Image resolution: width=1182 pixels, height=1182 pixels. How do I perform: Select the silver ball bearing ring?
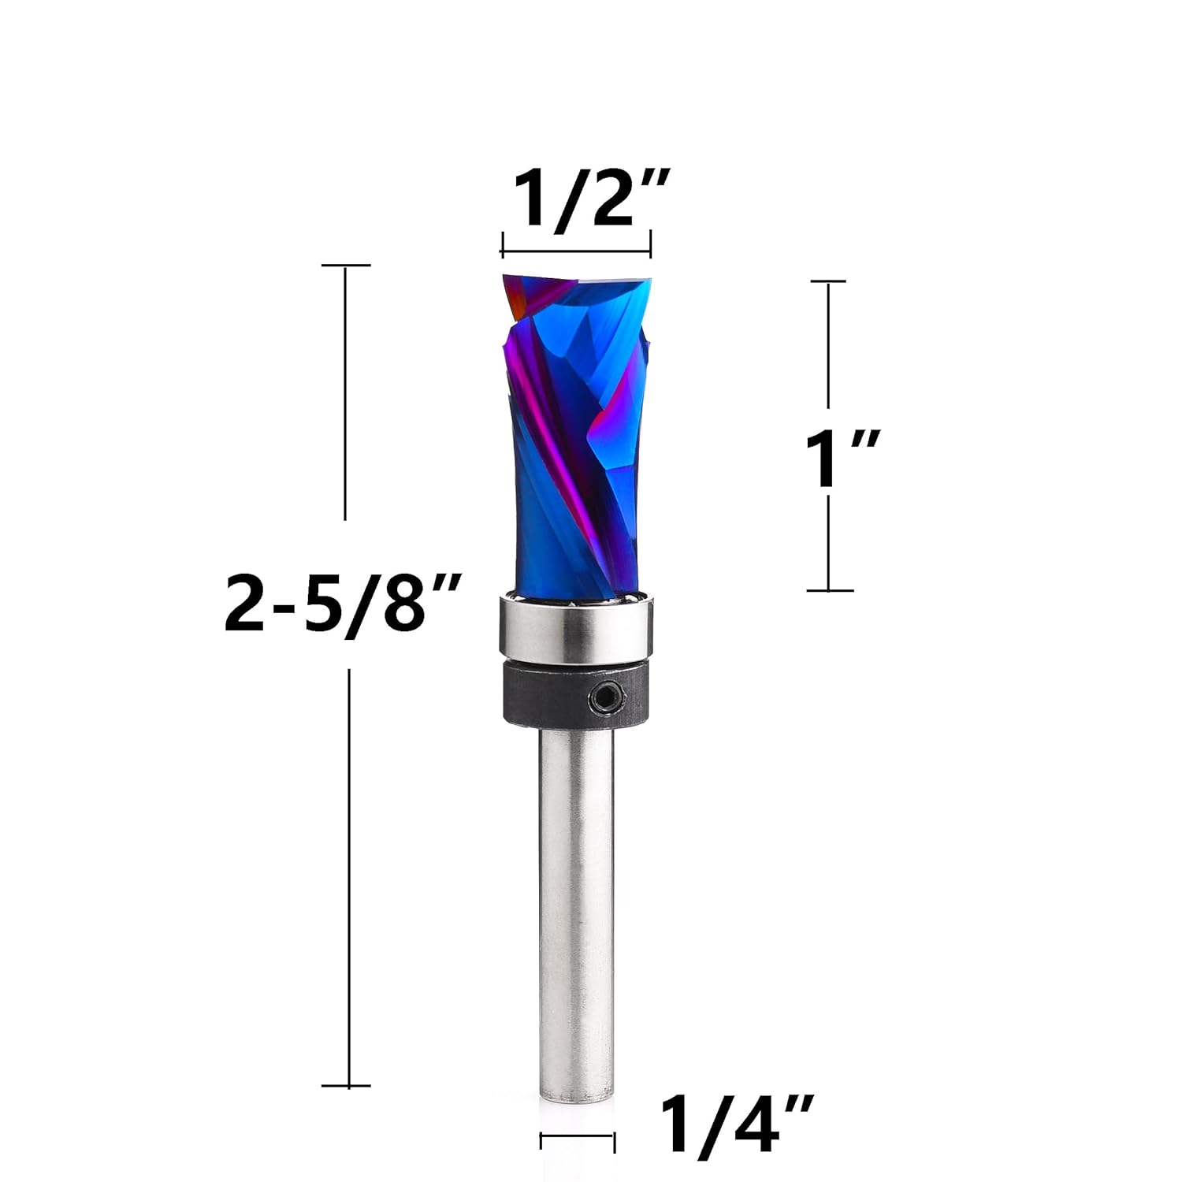tap(575, 628)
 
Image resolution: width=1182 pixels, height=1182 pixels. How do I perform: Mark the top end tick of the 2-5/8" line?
tap(346, 266)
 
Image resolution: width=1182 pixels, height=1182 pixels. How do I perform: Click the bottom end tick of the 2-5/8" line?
tap(346, 1086)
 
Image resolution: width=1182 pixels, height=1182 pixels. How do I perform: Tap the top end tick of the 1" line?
tap(828, 281)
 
